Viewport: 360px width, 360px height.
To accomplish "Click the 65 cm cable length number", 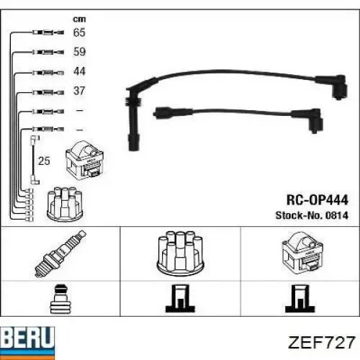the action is [79, 32].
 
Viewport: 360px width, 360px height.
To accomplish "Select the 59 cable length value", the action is [79, 52].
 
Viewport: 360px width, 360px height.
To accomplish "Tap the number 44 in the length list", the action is [79, 71].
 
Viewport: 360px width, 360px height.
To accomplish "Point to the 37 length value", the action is [79, 91].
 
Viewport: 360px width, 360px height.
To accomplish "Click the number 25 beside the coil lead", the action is [44, 161].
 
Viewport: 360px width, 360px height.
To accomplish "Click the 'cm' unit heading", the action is [79, 19].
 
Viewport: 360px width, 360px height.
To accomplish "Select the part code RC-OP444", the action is [318, 200].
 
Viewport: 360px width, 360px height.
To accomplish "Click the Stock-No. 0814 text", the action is [312, 215].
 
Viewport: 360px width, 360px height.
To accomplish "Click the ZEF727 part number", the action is [322, 342].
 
